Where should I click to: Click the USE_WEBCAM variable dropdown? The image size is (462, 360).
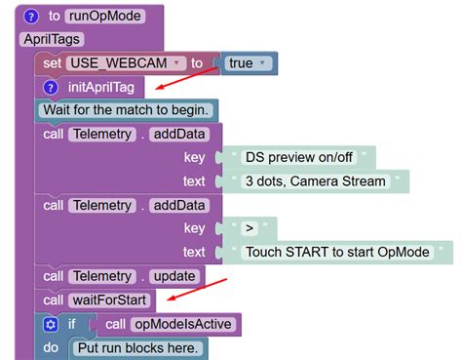[125, 63]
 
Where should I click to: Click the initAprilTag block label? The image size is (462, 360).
[100, 87]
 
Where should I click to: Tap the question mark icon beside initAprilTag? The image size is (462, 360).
[52, 87]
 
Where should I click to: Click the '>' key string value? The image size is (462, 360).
[250, 227]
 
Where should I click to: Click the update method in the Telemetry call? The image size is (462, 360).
[173, 276]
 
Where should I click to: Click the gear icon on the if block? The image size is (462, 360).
[51, 323]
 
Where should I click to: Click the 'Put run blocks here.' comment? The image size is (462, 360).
[136, 346]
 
